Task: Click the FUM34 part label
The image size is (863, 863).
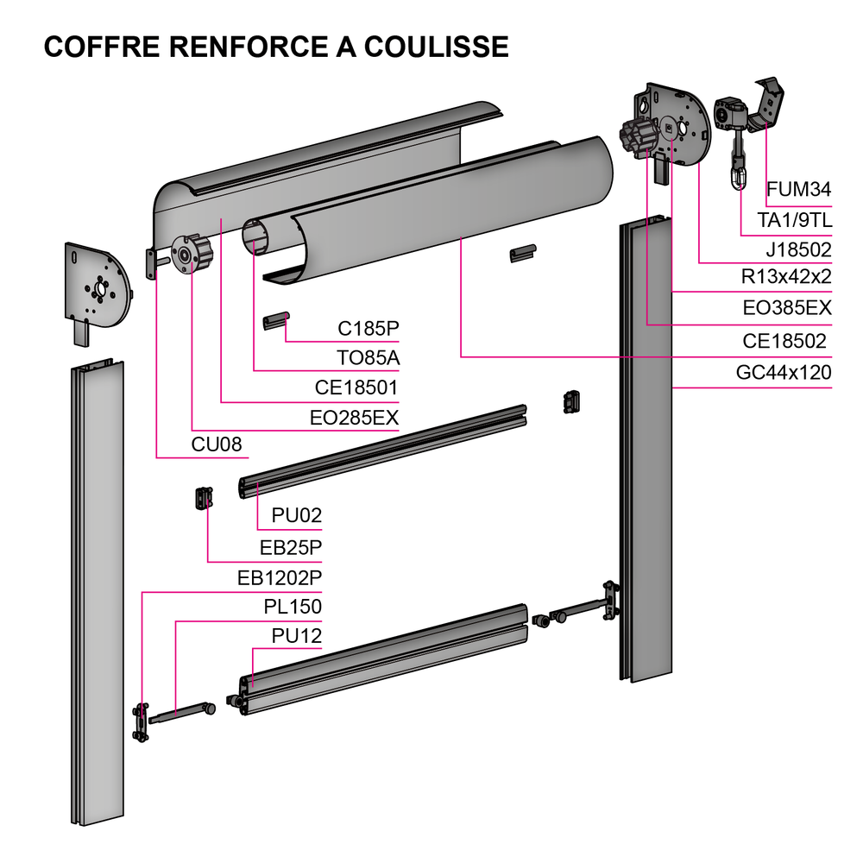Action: point(798,190)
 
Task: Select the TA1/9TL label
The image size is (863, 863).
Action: point(794,220)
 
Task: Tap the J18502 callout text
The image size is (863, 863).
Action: point(798,250)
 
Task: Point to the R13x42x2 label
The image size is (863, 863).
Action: point(787,278)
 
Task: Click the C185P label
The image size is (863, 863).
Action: point(368,328)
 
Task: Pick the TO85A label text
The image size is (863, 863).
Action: point(368,357)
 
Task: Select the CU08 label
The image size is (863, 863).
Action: point(217,444)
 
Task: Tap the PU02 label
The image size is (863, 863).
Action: point(296,515)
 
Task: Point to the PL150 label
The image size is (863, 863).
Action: point(293,607)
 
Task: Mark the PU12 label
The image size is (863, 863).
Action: point(296,636)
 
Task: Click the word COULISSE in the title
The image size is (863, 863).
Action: point(436,47)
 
